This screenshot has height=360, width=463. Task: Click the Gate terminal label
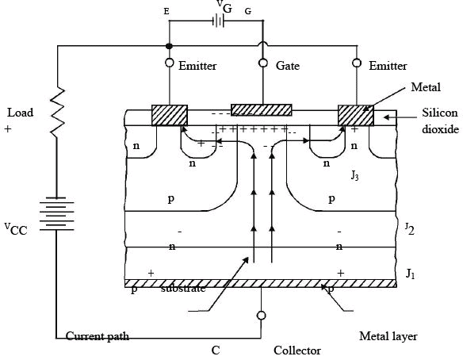click(288, 66)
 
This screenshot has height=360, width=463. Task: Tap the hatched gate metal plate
click(262, 110)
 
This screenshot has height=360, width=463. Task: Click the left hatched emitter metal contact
click(170, 115)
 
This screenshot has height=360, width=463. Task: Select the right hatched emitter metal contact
click(355, 115)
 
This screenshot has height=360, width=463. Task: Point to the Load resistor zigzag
click(57, 113)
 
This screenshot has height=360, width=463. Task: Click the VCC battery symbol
click(57, 214)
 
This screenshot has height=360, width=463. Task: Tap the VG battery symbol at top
click(218, 21)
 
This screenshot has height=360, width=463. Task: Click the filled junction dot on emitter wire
click(169, 46)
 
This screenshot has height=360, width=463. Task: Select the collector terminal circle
click(262, 316)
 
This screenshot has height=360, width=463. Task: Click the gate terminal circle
click(263, 63)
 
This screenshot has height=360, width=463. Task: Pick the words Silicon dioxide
click(440, 121)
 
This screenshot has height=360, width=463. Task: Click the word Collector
click(297, 350)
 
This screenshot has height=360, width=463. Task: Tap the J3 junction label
click(354, 175)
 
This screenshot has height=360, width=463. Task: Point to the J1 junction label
click(411, 274)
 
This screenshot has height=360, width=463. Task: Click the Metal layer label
click(388, 336)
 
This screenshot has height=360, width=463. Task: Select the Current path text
click(98, 336)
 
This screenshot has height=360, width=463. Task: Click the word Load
click(20, 113)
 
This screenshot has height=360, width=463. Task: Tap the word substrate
click(183, 288)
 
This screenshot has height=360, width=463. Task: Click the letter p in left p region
click(171, 199)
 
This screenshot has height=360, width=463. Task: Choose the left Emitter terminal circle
click(169, 63)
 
